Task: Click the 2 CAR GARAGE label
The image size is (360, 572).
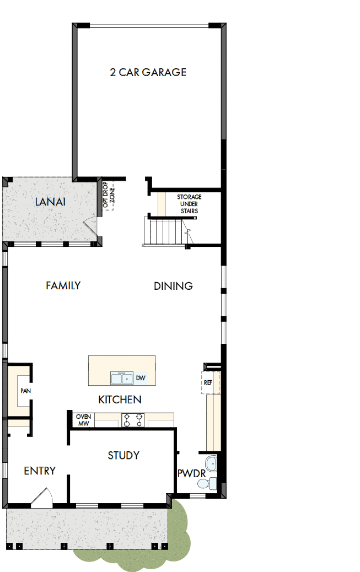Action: pos(148,72)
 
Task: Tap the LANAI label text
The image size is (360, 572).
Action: pos(50,202)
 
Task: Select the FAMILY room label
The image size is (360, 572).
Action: pos(63,285)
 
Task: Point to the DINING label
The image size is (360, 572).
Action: pos(173,286)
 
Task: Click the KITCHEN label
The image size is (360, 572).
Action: pos(120,400)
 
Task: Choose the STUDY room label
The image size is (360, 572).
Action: pos(123,455)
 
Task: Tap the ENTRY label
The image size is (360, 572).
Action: pos(40,471)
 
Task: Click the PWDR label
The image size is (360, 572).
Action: pos(191,473)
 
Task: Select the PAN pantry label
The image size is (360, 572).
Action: pos(25,391)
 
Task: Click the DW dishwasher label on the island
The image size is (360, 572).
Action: pos(141,378)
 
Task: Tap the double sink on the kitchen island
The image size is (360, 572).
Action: pos(121,379)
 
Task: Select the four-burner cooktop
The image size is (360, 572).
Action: pos(133,420)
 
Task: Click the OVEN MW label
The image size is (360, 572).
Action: pos(83,420)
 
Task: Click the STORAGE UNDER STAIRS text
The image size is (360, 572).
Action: pos(189,204)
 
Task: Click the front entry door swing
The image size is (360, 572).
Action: pos(42,498)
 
